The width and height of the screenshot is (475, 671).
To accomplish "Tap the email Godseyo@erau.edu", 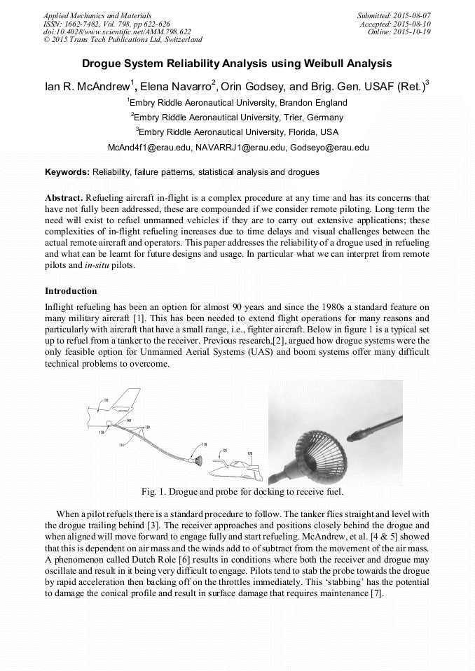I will pos(329,148).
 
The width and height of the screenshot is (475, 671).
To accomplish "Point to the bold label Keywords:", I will pos(67,171).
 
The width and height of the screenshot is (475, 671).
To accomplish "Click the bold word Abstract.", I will pos(64,198).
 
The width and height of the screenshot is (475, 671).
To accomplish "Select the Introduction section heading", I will pos(71,290).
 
